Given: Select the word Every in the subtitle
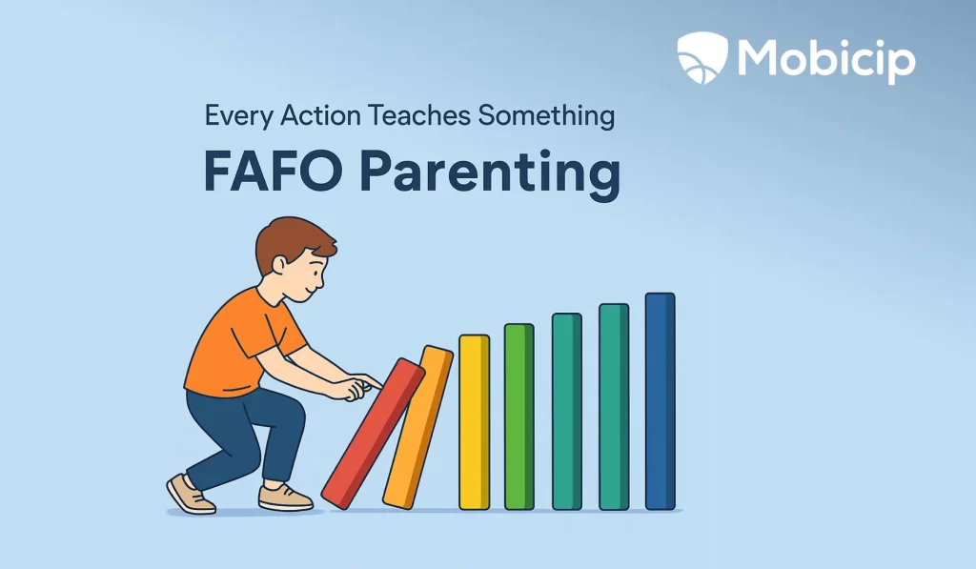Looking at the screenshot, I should [237, 116].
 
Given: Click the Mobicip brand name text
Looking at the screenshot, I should [825, 59].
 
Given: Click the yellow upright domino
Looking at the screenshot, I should [474, 421].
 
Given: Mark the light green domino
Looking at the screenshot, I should [518, 417].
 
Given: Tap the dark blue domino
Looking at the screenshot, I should [660, 401].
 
